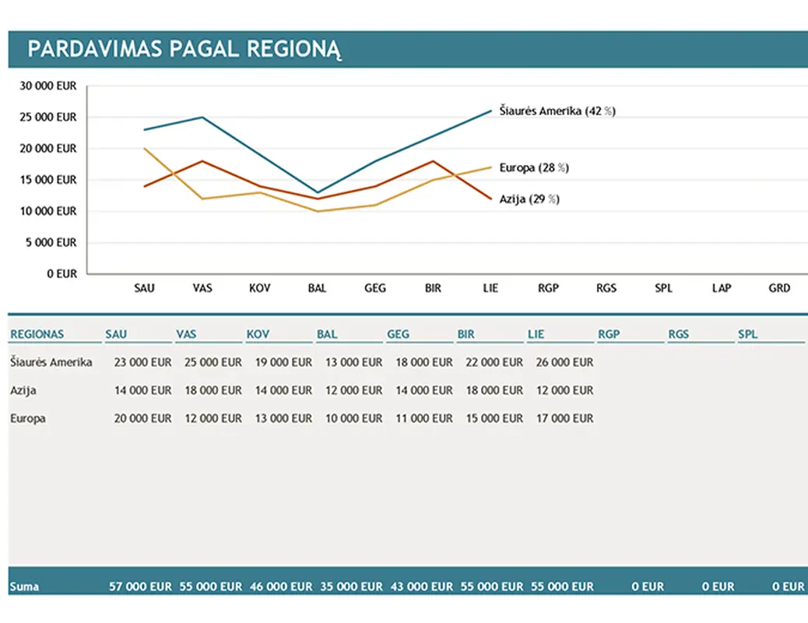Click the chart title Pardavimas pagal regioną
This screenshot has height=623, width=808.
tap(184, 49)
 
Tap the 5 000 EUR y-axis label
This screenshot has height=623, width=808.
tap(51, 242)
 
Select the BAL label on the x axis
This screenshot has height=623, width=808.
tap(317, 288)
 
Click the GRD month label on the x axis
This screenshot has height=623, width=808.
tap(778, 288)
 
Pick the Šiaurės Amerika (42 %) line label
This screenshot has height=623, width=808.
tap(557, 111)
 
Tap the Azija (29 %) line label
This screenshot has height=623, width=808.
tap(529, 199)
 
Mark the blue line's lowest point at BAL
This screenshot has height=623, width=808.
tap(318, 192)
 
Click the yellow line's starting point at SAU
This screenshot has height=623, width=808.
tap(145, 149)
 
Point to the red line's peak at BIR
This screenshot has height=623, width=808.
tap(434, 161)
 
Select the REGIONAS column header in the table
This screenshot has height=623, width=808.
tap(37, 335)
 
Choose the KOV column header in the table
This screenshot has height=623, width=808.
tap(258, 335)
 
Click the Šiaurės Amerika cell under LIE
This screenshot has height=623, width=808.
tap(564, 362)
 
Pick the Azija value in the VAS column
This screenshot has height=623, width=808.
tap(213, 390)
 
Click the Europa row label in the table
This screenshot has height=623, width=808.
tap(28, 418)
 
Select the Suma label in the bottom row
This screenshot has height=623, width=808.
tap(25, 586)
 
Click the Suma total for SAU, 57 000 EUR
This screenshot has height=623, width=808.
tap(140, 586)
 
